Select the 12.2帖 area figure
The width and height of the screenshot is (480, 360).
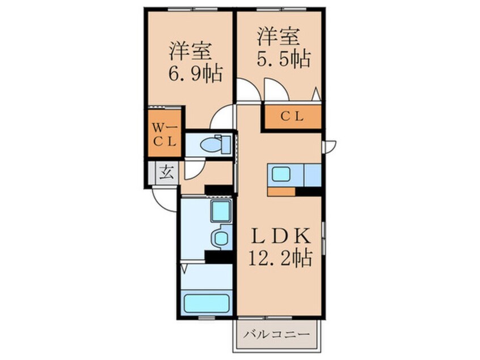coord(280,259)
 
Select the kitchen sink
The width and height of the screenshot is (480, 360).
coord(282,174)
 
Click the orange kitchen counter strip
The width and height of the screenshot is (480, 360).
coord(281,191)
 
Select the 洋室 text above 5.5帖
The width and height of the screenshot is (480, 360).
coord(277,36)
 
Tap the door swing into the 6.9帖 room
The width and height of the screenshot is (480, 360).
coord(221,119)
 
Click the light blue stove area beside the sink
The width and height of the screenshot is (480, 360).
coord(313,174)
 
